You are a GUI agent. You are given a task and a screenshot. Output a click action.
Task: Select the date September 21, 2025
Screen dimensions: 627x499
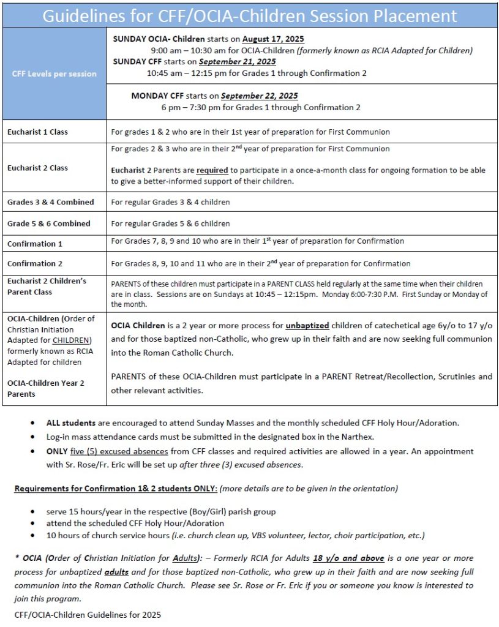[237, 62]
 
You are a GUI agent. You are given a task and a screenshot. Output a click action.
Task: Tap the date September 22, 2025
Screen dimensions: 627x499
[260, 96]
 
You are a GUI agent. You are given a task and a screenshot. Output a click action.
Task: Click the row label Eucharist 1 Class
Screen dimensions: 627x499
[37, 132]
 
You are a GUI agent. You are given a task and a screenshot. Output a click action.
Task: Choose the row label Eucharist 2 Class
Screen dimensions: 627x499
[37, 168]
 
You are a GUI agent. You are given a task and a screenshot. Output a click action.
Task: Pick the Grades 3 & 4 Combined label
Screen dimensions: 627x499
[51, 202]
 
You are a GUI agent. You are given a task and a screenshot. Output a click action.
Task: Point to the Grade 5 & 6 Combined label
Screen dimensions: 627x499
[49, 223]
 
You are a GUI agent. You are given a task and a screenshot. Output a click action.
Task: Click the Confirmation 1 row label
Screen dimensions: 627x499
[35, 244]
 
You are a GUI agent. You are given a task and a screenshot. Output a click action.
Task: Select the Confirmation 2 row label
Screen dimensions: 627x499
[35, 263]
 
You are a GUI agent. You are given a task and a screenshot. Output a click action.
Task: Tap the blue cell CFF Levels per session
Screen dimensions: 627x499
[54, 73]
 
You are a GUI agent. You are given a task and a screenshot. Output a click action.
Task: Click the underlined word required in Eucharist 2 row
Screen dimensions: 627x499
[212, 170]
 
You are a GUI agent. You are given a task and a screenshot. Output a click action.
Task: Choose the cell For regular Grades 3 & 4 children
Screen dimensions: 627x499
[170, 202]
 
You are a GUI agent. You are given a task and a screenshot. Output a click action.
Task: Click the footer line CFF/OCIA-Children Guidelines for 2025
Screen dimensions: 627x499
[88, 614]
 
